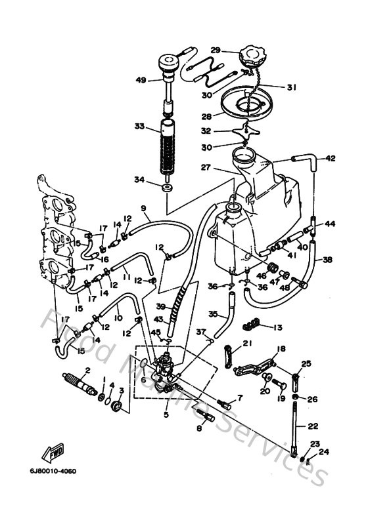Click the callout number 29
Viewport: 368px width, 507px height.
point(215,51)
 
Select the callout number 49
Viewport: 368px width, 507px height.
point(140,80)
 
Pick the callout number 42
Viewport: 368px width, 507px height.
point(330,158)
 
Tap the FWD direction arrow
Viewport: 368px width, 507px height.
point(53,452)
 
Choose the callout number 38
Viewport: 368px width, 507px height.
point(327,260)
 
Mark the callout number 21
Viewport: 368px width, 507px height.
point(248,344)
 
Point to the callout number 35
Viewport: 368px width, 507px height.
point(212,314)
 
